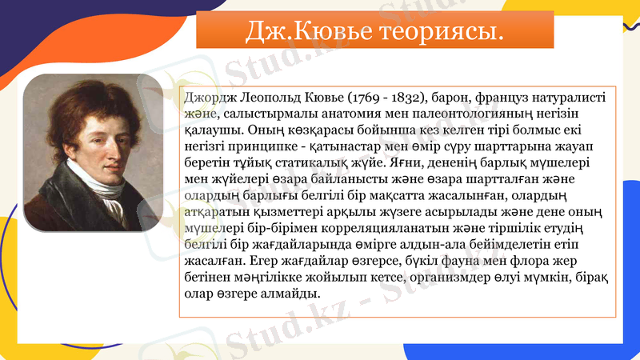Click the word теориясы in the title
pyautogui.click(x=438, y=31)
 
